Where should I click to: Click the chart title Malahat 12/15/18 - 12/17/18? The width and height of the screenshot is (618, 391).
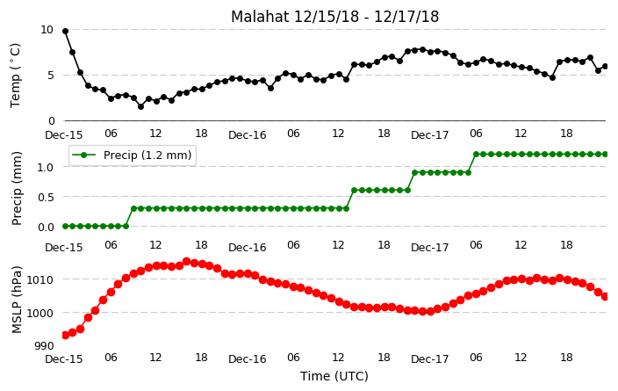(334, 17)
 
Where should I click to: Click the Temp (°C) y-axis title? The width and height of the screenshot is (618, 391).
(15, 76)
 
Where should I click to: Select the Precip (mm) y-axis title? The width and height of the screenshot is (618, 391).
(16, 188)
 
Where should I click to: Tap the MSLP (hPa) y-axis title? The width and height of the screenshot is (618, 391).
(16, 300)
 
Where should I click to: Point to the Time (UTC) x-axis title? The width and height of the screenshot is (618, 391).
(334, 376)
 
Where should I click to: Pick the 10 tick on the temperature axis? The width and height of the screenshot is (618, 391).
(47, 30)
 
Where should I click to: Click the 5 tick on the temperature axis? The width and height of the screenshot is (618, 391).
(50, 75)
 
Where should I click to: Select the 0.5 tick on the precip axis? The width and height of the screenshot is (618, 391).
(46, 197)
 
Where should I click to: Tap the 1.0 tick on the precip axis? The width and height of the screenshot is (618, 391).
(46, 167)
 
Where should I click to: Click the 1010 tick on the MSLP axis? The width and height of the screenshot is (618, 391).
(40, 279)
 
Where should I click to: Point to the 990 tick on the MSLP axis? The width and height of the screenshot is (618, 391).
(44, 346)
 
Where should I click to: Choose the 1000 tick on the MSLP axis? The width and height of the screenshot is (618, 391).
(40, 313)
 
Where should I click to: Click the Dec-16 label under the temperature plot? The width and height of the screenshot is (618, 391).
(248, 135)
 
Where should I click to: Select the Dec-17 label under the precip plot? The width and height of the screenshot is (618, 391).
(429, 248)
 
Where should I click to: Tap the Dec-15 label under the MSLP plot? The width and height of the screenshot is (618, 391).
(64, 359)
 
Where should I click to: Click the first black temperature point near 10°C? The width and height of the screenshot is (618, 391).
(66, 31)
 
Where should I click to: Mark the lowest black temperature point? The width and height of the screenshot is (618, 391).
(140, 106)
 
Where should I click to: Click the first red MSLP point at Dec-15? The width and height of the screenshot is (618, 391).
(66, 336)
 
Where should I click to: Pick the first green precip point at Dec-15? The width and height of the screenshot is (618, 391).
(66, 226)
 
